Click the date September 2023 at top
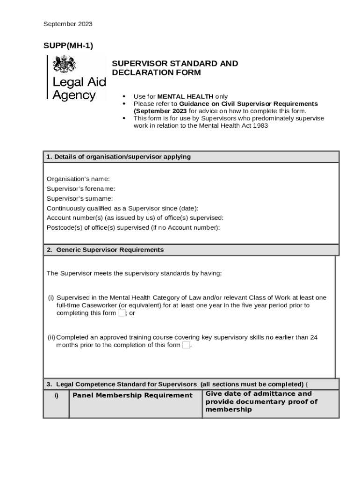click(68, 24)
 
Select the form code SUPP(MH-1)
click(68, 46)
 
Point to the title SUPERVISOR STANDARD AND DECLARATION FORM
click(175, 68)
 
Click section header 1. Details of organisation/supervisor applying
click(119, 157)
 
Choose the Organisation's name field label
click(78, 179)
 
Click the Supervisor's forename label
click(81, 189)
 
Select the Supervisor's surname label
click(79, 198)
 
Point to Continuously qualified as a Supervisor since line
click(122, 208)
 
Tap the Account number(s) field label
click(135, 218)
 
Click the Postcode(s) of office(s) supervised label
click(133, 227)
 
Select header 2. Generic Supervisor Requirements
click(106, 250)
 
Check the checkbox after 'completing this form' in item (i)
click(122, 313)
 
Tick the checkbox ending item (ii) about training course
click(186, 345)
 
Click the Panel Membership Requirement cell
click(132, 396)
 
